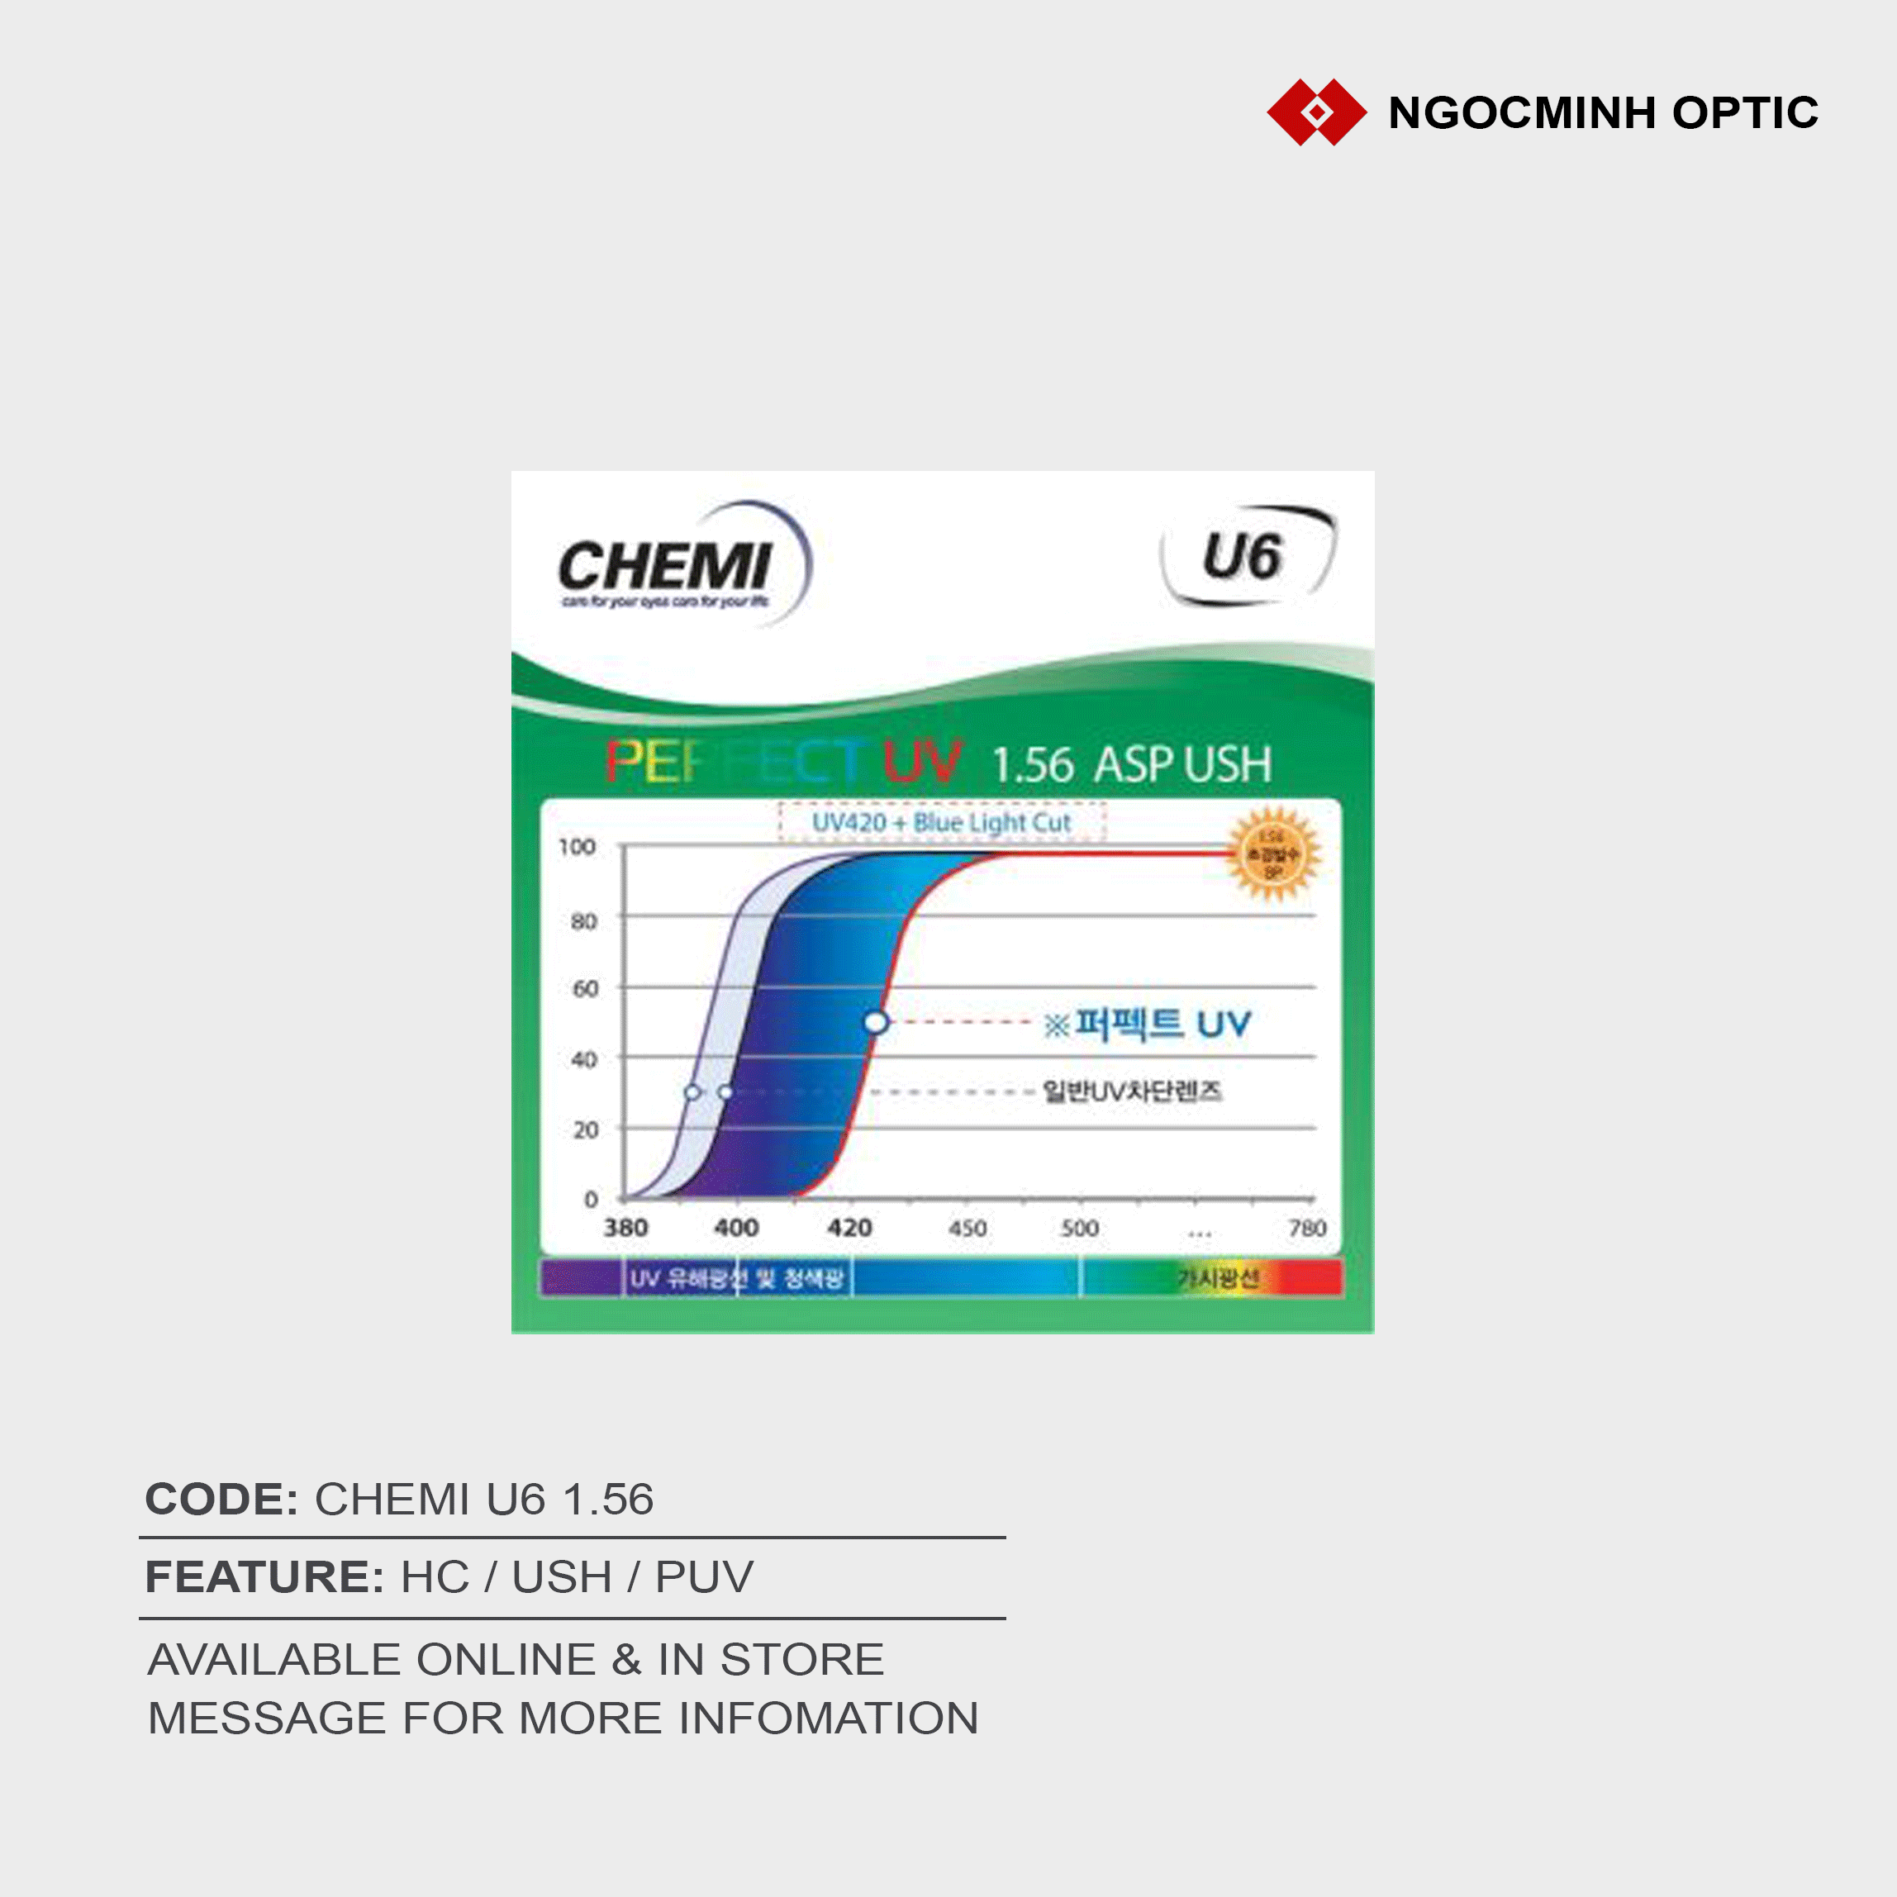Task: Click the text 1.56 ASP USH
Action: [x=1131, y=765]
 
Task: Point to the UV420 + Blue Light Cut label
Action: [x=940, y=823]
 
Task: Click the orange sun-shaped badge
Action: [x=1272, y=853]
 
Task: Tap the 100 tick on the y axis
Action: [x=578, y=846]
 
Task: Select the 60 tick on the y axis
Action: [x=585, y=989]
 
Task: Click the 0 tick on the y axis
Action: [x=590, y=1199]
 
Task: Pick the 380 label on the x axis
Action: [x=625, y=1228]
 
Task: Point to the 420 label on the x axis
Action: [x=849, y=1228]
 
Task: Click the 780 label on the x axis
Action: [x=1307, y=1229]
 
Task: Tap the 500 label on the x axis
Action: [x=1079, y=1229]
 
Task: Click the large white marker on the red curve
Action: [x=876, y=1023]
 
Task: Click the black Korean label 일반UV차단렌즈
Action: [x=1131, y=1091]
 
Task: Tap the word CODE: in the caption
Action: [x=221, y=1500]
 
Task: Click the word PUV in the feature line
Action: [x=704, y=1578]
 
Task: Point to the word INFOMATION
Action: [x=828, y=1719]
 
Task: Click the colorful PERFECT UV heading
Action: [x=782, y=763]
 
